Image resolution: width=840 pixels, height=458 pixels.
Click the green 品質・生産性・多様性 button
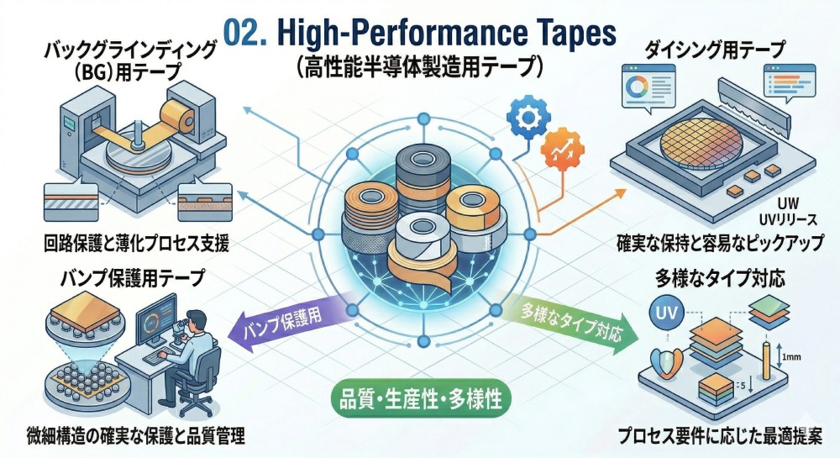click(x=421, y=399)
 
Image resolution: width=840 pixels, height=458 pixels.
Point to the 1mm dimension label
click(x=791, y=357)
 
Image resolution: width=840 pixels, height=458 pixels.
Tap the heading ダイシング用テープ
click(x=715, y=50)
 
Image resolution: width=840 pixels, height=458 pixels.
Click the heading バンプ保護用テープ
click(x=133, y=277)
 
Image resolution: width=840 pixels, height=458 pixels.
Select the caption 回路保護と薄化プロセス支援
click(x=137, y=244)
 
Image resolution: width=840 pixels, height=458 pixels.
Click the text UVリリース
click(x=789, y=219)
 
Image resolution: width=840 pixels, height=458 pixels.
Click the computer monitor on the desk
click(x=156, y=320)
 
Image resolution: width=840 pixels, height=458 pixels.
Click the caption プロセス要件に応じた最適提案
click(x=720, y=435)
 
